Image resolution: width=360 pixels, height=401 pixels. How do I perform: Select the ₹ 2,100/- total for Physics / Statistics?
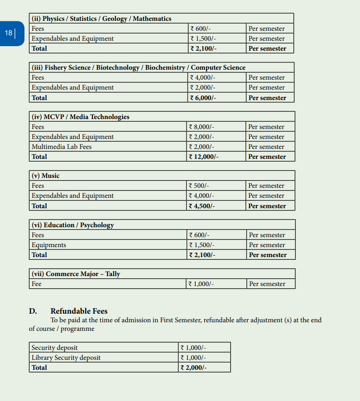[203, 48]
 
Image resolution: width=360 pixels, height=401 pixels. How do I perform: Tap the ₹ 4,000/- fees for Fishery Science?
[202, 78]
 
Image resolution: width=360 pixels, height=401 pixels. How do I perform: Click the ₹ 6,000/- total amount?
[203, 98]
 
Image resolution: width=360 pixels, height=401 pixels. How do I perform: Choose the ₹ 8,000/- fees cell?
[201, 127]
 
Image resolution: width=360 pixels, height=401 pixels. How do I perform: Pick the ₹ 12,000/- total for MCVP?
[203, 157]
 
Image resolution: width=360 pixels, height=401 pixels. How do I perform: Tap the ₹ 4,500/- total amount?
[202, 206]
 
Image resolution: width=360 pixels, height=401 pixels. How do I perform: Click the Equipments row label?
[49, 245]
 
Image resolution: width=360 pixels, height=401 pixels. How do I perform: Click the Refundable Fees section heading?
[79, 311]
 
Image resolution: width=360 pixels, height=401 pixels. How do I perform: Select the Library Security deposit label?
[66, 358]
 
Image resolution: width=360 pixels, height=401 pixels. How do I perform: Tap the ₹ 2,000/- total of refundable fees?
[193, 368]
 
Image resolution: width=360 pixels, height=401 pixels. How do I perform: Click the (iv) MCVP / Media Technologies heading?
[80, 117]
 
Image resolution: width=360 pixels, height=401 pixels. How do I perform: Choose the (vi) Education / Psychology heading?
[72, 225]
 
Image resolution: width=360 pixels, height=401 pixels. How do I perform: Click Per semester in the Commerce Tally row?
[267, 284]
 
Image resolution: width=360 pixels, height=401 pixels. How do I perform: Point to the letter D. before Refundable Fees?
[33, 311]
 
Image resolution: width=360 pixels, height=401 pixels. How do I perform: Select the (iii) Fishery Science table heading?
[138, 67]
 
